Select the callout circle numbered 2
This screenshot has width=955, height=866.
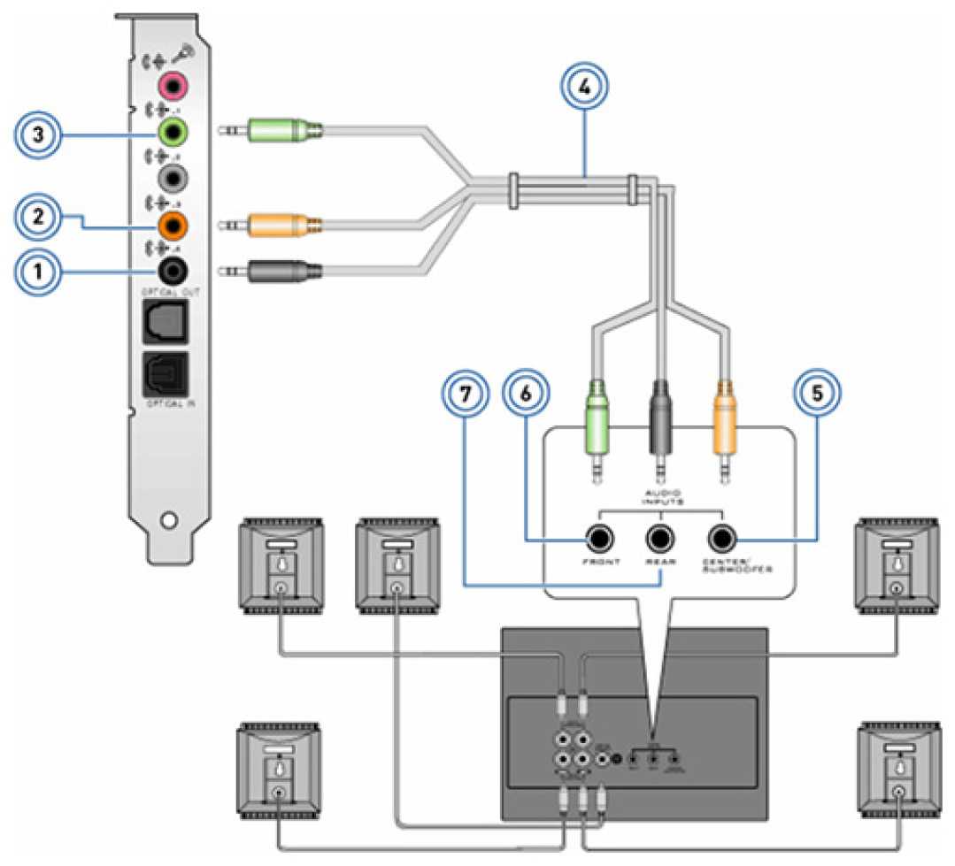click(37, 215)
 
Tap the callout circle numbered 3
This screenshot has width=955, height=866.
click(37, 136)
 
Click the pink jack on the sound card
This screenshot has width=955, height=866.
click(173, 86)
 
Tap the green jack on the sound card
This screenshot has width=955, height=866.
click(173, 133)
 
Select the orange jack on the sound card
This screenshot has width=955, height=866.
click(173, 225)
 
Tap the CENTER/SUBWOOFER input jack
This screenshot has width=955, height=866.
click(721, 536)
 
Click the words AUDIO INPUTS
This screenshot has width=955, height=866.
click(661, 495)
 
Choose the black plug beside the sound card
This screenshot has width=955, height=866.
click(281, 271)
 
